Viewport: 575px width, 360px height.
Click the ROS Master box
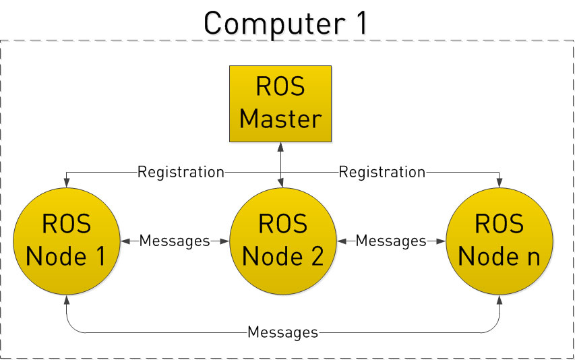pyautogui.click(x=280, y=103)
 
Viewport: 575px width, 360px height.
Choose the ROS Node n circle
pyautogui.click(x=499, y=241)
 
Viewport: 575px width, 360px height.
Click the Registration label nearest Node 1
pyautogui.click(x=180, y=172)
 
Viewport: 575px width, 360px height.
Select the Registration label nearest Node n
pyautogui.click(x=382, y=172)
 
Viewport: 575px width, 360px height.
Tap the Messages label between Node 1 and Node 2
pyautogui.click(x=175, y=241)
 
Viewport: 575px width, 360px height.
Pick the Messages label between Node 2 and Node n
pyautogui.click(x=390, y=241)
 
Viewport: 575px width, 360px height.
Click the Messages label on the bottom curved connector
pyautogui.click(x=282, y=332)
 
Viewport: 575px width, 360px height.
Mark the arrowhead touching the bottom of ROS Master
pyautogui.click(x=280, y=146)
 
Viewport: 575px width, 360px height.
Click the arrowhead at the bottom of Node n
pyautogui.click(x=499, y=299)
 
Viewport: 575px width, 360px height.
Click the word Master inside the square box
pyautogui.click(x=280, y=119)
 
